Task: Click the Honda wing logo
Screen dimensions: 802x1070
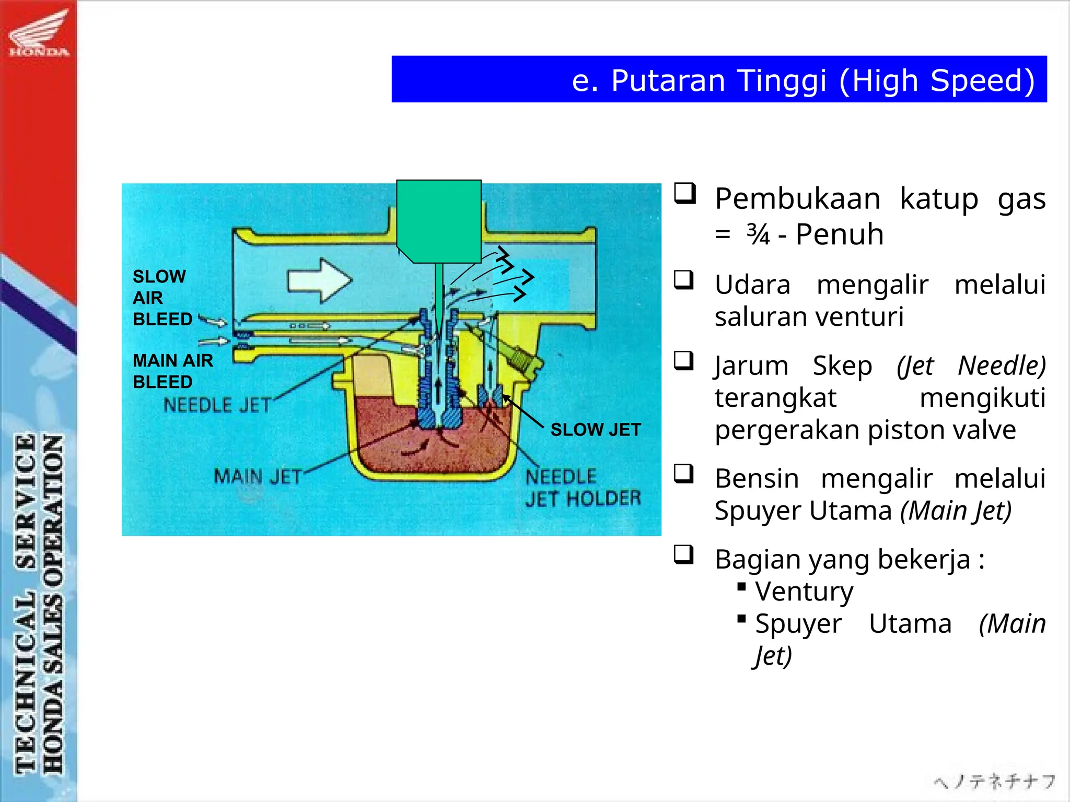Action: point(39,32)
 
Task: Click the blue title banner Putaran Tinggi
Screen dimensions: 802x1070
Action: point(719,79)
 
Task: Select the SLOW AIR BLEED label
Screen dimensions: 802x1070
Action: point(162,298)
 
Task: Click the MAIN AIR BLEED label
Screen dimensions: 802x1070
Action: point(172,371)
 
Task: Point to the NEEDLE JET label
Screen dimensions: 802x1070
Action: point(217,405)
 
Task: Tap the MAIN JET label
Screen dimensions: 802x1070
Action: point(258,476)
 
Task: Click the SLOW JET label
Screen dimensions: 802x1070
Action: point(596,430)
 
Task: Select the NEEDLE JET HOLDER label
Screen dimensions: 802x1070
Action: point(582,488)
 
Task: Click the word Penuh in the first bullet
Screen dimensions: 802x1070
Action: point(839,234)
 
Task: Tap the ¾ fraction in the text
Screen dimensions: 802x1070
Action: point(758,234)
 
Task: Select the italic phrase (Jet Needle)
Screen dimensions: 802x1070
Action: point(971,365)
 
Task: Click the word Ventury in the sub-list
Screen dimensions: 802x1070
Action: point(804,592)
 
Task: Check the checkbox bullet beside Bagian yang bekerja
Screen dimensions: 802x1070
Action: point(684,555)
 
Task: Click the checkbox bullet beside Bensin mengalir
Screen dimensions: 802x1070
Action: point(684,474)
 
